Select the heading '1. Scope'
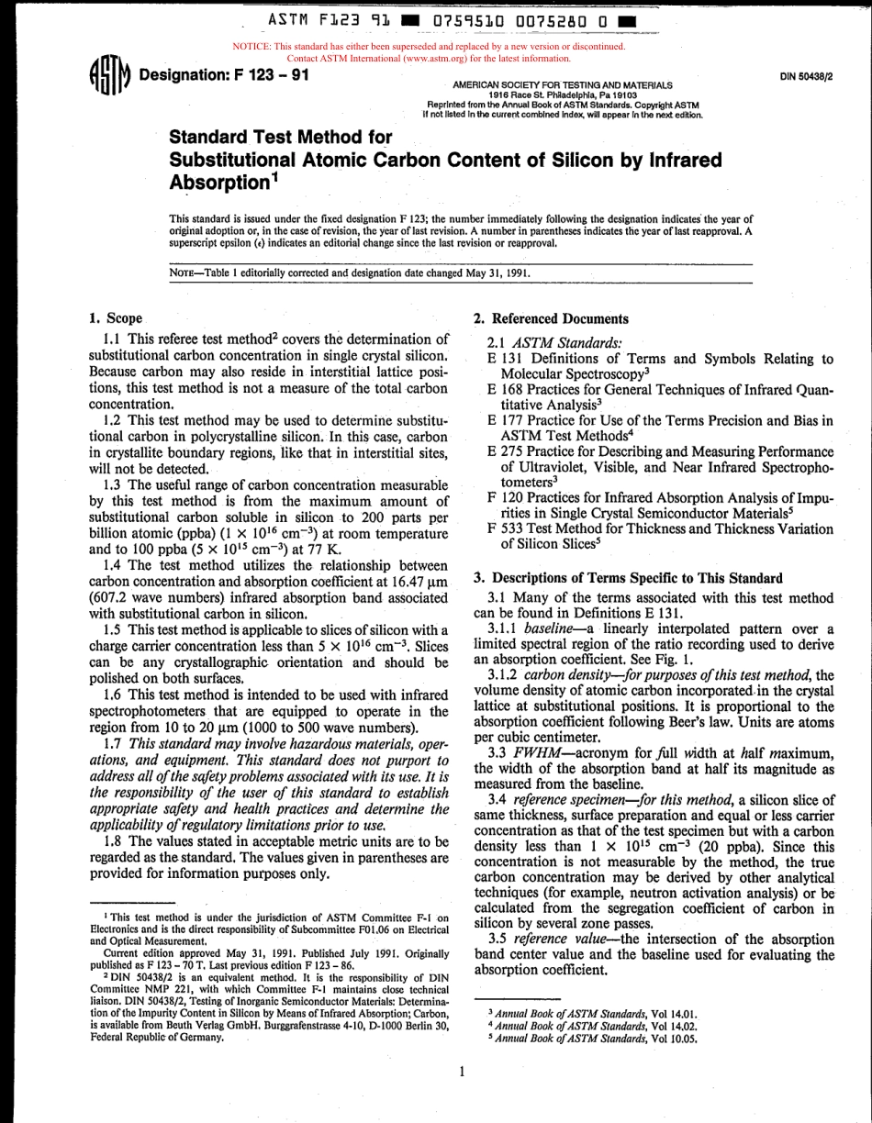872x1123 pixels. point(115,318)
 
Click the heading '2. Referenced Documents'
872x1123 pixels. point(551,318)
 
